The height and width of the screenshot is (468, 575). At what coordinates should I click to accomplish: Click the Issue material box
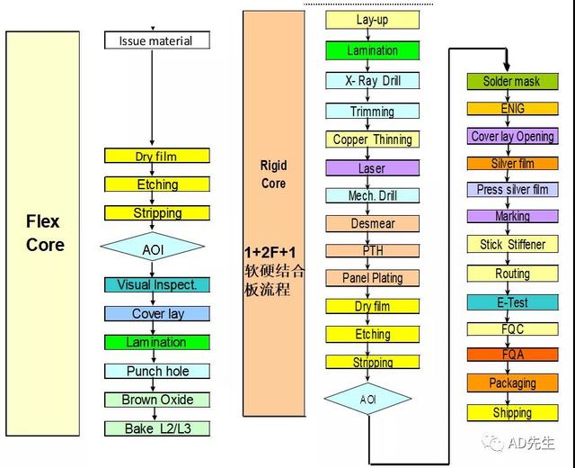[x=157, y=40]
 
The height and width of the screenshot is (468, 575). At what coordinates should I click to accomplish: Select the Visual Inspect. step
[x=157, y=284]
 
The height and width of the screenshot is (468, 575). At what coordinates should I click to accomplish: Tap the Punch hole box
[x=157, y=371]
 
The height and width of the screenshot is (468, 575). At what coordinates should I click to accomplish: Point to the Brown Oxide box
[x=157, y=400]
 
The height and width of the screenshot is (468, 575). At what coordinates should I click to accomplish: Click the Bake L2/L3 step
[x=157, y=428]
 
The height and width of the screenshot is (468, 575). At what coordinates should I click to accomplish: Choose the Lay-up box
[x=372, y=20]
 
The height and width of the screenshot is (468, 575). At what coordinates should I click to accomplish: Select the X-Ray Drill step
[x=372, y=80]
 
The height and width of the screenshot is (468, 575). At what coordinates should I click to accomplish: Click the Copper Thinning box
[x=372, y=139]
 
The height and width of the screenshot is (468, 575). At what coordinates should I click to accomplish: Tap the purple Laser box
[x=372, y=168]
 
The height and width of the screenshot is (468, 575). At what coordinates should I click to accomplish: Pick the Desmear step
[x=372, y=223]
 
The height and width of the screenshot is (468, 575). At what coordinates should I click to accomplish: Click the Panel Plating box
[x=372, y=278]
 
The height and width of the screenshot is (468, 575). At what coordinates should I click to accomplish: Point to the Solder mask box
[x=512, y=81]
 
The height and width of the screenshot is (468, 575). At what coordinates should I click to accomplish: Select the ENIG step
[x=512, y=109]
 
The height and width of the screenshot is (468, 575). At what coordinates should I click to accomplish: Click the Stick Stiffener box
[x=512, y=244]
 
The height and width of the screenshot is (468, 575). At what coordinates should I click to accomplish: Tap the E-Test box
[x=512, y=302]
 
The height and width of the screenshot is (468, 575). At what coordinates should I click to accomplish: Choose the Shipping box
[x=512, y=412]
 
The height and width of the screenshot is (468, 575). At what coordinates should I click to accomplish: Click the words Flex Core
[x=45, y=233]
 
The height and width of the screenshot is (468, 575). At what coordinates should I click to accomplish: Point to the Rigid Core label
[x=273, y=174]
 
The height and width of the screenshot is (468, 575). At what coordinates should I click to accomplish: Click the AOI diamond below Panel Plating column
[x=367, y=399]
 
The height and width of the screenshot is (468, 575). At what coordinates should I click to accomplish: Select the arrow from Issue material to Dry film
[x=152, y=97]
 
